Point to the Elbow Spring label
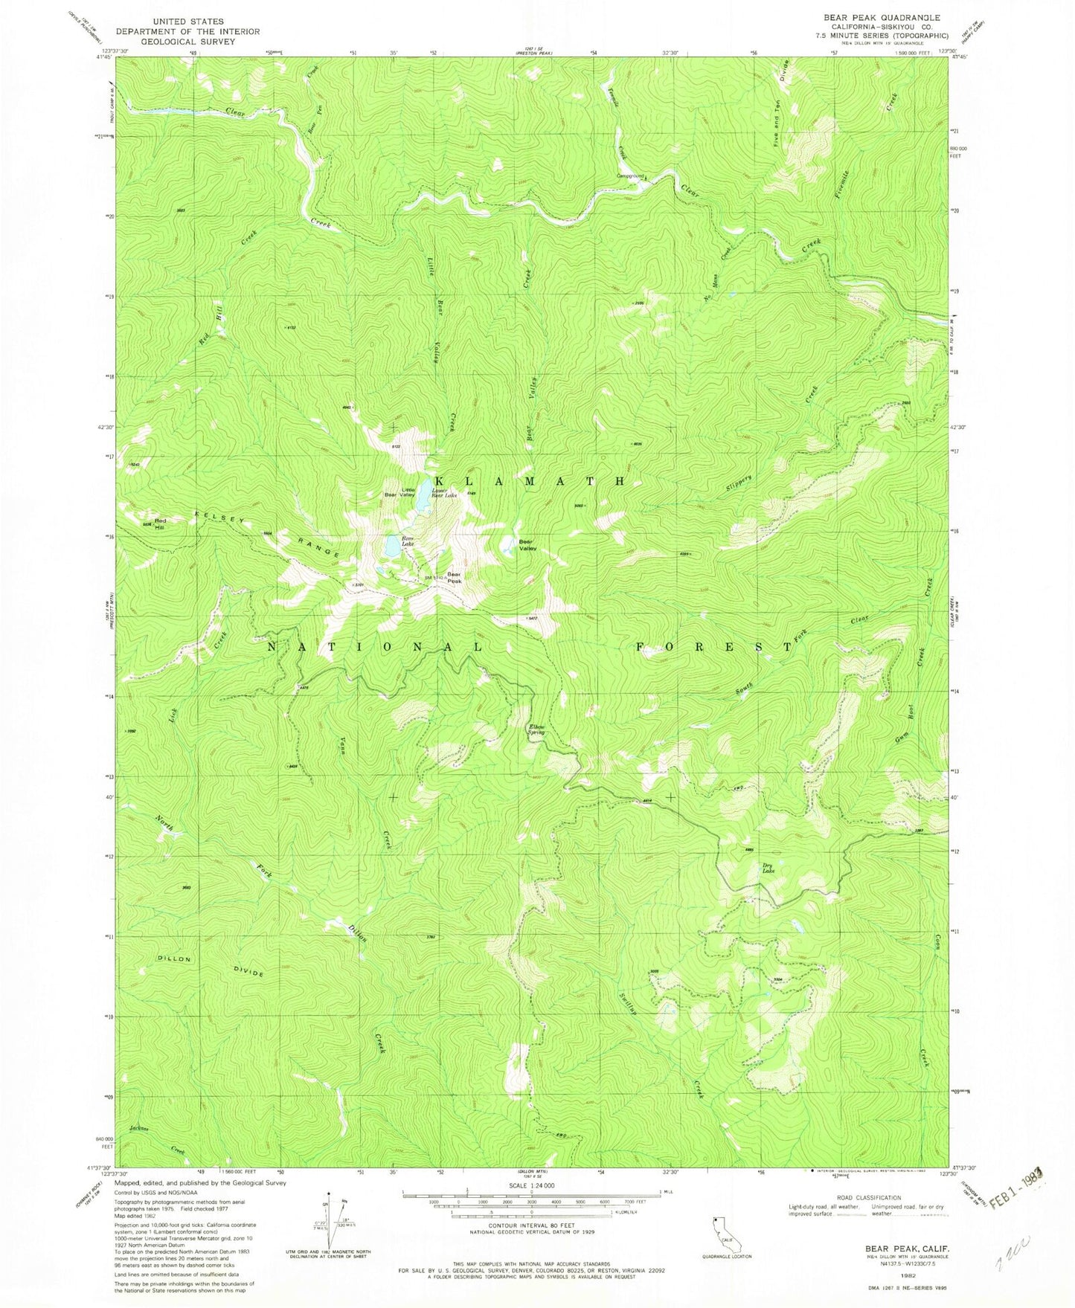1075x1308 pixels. (x=536, y=729)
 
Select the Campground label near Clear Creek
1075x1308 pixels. (x=629, y=176)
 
